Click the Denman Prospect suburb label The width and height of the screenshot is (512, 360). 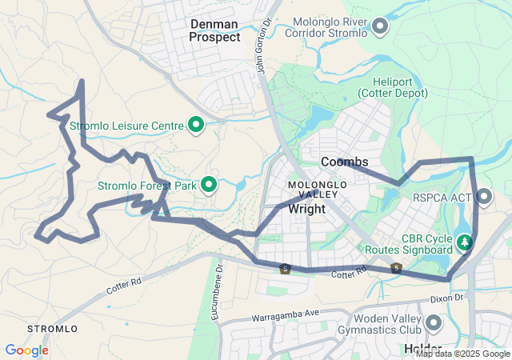tap(214, 30)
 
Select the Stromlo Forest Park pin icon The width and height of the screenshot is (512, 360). tap(210, 185)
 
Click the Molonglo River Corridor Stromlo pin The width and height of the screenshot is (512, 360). tap(380, 26)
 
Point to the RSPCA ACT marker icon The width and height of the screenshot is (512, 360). tap(485, 196)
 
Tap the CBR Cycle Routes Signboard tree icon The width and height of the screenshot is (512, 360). tap(464, 241)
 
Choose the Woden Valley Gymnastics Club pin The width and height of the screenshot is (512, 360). tap(434, 323)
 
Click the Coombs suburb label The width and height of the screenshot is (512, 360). tap(344, 162)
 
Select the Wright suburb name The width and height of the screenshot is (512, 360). tap(306, 209)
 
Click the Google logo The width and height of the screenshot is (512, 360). tap(26, 350)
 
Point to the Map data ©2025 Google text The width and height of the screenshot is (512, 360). tap(462, 354)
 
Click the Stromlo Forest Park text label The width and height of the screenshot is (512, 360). tap(146, 186)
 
